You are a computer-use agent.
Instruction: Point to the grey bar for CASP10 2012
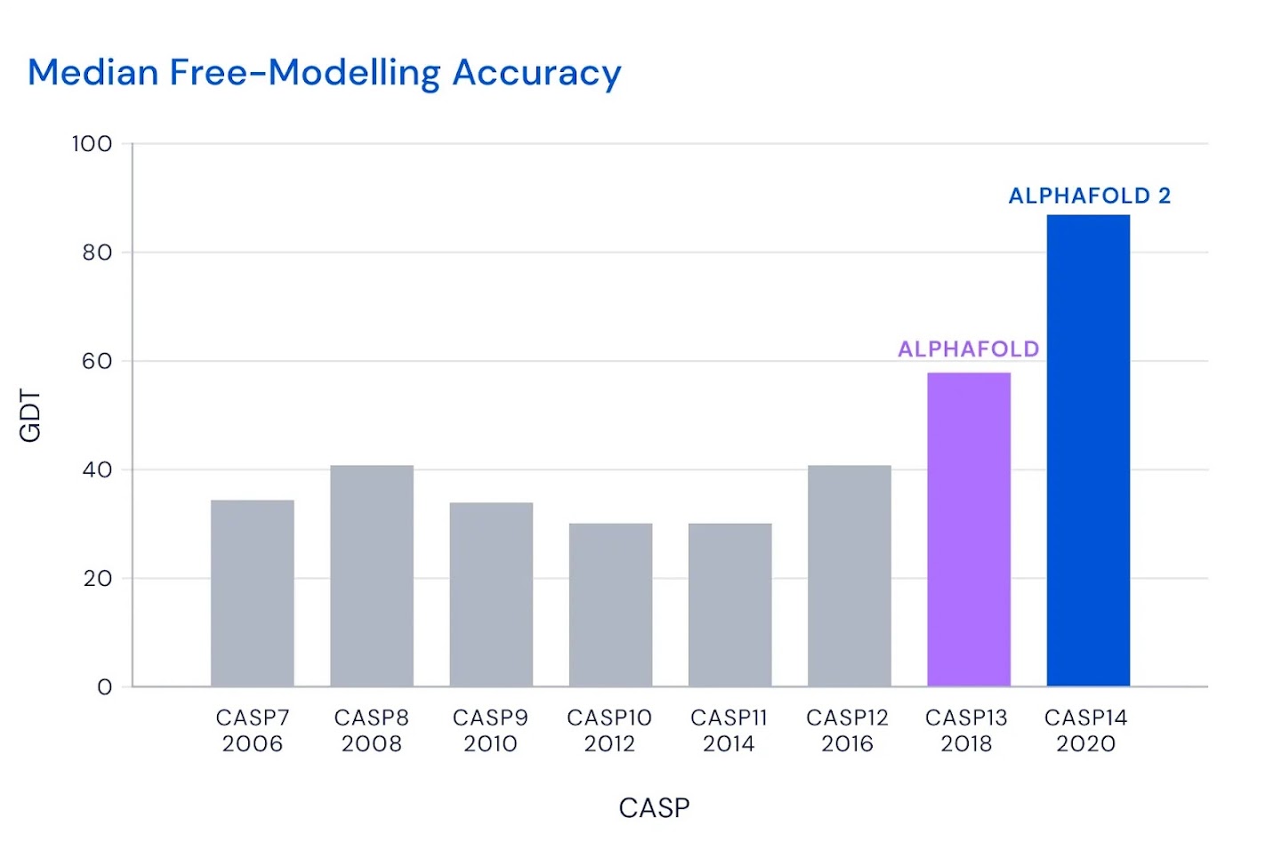click(610, 605)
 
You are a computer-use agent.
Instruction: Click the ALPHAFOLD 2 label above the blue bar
click(1089, 196)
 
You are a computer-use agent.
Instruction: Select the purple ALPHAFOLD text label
click(968, 349)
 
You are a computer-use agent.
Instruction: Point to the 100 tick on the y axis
click(93, 144)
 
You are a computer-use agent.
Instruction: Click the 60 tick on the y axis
click(97, 361)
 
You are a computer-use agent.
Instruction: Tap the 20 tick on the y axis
click(97, 579)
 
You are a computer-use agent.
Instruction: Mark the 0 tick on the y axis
click(105, 687)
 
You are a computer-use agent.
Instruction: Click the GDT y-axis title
click(30, 415)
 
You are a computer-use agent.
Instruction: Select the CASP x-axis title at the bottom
click(654, 807)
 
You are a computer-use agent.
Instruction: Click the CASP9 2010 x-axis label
click(490, 730)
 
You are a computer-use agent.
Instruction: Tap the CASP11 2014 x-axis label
click(729, 730)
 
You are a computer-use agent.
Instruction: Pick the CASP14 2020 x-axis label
click(1085, 730)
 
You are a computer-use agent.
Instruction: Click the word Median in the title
click(93, 72)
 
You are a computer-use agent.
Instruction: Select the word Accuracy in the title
click(536, 72)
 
